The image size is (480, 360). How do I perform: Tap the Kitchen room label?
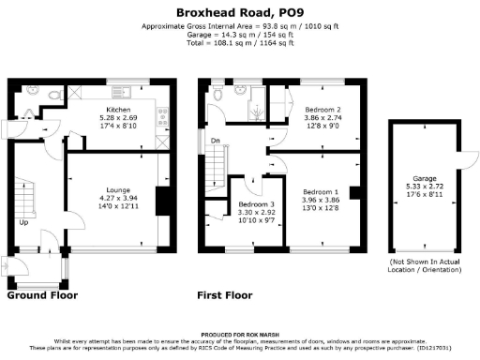click(x=118, y=111)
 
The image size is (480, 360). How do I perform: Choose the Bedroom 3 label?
click(x=255, y=204)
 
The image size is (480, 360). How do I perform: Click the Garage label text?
click(x=426, y=177)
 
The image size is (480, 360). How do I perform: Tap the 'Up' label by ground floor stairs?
click(x=23, y=223)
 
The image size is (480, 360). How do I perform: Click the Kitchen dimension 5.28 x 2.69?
click(x=118, y=119)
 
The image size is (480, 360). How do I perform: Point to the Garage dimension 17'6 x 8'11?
click(x=426, y=194)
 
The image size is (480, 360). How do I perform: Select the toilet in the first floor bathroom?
click(x=217, y=95)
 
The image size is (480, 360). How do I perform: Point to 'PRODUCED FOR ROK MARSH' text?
click(x=240, y=335)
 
